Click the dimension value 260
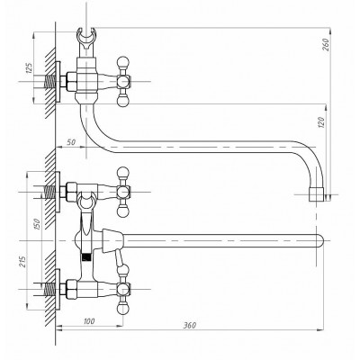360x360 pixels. tap(326, 44)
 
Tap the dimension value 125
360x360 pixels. tap(29, 68)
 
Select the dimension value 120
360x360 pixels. tap(320, 122)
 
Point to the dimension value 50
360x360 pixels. tap(71, 142)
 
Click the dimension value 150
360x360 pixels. tap(37, 224)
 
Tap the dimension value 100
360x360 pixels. tap(88, 321)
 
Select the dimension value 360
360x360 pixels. tap(190, 325)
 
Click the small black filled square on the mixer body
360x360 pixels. tap(86, 257)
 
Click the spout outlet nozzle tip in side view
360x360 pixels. tap(316, 194)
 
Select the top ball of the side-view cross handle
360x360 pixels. tap(123, 62)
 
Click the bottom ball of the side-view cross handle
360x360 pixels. tap(123, 101)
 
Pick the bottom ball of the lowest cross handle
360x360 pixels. tap(123, 309)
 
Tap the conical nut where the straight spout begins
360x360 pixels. tap(112, 240)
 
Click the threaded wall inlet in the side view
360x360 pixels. tap(49, 81)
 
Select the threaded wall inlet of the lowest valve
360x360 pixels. tap(49, 289)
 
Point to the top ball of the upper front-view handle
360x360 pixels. tap(123, 173)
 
